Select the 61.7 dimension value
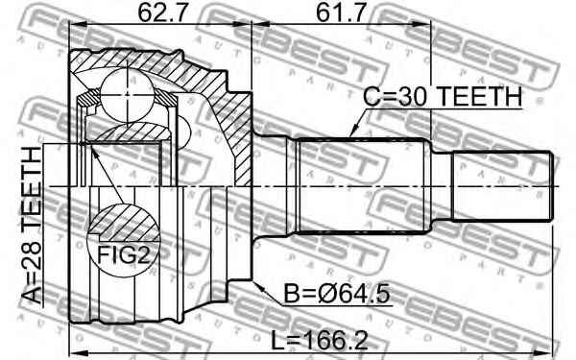341,14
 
